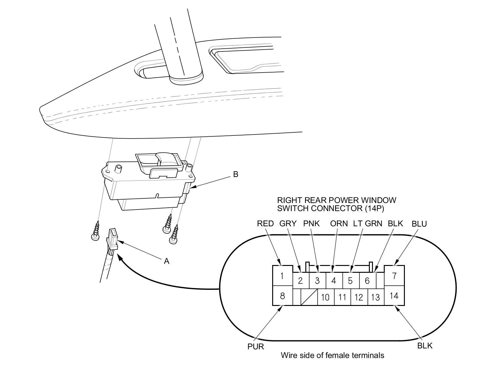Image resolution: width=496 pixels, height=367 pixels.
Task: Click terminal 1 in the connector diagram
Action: tap(282, 276)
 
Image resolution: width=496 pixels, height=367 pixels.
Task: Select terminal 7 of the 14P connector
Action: tap(394, 276)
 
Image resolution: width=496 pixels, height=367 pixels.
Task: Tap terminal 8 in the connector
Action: tap(282, 296)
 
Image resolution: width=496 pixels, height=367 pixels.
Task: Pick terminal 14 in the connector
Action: tap(394, 296)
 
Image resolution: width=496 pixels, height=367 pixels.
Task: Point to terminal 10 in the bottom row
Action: tap(325, 297)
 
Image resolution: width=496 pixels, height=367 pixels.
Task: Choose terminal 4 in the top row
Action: tap(334, 281)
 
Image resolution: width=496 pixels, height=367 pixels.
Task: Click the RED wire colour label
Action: tap(265, 223)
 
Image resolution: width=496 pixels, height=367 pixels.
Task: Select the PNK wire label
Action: tap(312, 223)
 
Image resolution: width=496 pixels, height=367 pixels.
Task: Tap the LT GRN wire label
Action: tap(368, 223)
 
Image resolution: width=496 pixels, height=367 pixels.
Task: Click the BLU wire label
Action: tap(419, 224)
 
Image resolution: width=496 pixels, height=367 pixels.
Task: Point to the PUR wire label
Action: tap(256, 347)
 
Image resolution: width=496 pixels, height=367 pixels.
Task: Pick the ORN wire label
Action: tap(339, 223)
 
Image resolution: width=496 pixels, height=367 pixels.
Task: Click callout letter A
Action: tap(166, 261)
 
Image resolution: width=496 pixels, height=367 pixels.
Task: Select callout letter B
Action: tap(236, 175)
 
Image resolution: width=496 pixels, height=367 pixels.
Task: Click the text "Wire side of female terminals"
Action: tap(332, 355)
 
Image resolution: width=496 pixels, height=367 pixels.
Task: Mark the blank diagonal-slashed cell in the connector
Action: tap(309, 297)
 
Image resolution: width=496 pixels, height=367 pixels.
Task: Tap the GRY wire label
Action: tap(288, 223)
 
